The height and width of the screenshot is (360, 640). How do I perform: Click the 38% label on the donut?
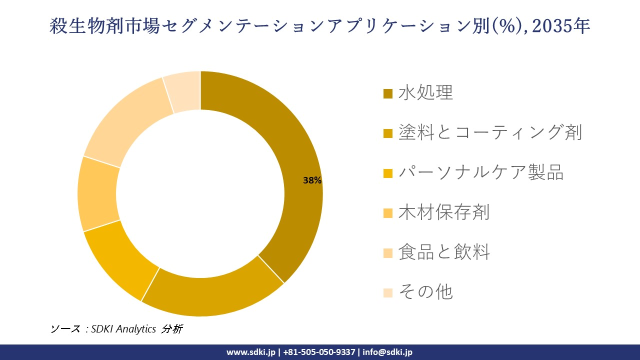point(312,181)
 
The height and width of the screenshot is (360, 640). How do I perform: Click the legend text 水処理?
point(425,92)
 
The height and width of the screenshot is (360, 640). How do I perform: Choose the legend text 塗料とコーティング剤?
point(490,132)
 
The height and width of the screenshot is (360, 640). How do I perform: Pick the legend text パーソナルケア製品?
point(481,172)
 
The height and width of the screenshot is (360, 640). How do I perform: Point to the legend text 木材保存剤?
point(443,212)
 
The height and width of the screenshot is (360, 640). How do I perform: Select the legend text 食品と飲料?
point(444,252)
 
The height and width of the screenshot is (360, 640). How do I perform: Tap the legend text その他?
point(425,291)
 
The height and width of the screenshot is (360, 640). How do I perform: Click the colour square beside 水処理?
point(388,93)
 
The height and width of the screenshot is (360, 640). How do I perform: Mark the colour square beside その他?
point(388,292)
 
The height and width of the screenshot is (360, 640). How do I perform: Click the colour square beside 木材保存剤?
point(388,213)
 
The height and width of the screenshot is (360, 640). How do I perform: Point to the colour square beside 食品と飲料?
point(388,253)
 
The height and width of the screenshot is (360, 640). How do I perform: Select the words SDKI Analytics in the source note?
point(123,329)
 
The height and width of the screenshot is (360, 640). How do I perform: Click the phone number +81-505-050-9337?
point(319,352)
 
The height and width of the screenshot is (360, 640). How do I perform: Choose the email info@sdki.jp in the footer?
point(387,352)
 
